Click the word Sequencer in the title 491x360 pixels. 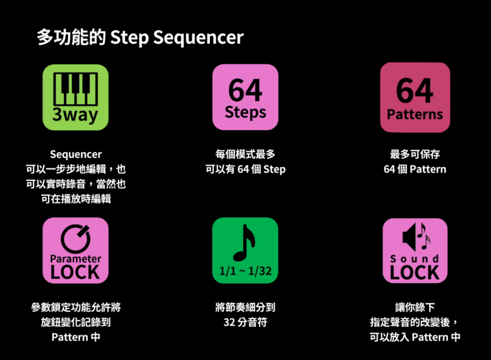click(x=198, y=37)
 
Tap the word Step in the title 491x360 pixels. click(x=130, y=37)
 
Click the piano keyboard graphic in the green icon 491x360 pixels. click(x=75, y=89)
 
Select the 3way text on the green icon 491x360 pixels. click(x=75, y=115)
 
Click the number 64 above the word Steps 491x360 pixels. click(x=245, y=90)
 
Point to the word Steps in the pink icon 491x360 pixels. click(x=245, y=112)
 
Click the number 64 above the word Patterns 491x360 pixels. click(x=415, y=90)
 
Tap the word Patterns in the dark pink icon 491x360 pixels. click(x=415, y=114)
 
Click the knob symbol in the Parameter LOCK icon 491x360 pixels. click(x=75, y=238)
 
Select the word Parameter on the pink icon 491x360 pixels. click(x=75, y=259)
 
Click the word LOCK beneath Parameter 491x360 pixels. click(x=75, y=272)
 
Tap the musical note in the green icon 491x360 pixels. click(x=244, y=243)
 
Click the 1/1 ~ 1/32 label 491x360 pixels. click(x=245, y=271)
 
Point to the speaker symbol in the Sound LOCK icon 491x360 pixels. click(x=409, y=237)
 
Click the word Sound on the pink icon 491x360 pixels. click(x=415, y=259)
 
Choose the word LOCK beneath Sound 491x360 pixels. click(x=415, y=273)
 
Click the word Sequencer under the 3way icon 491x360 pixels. click(x=75, y=154)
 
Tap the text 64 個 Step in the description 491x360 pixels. click(x=261, y=170)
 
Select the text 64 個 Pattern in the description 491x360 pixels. click(x=415, y=170)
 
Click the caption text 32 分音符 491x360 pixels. click(x=245, y=323)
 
